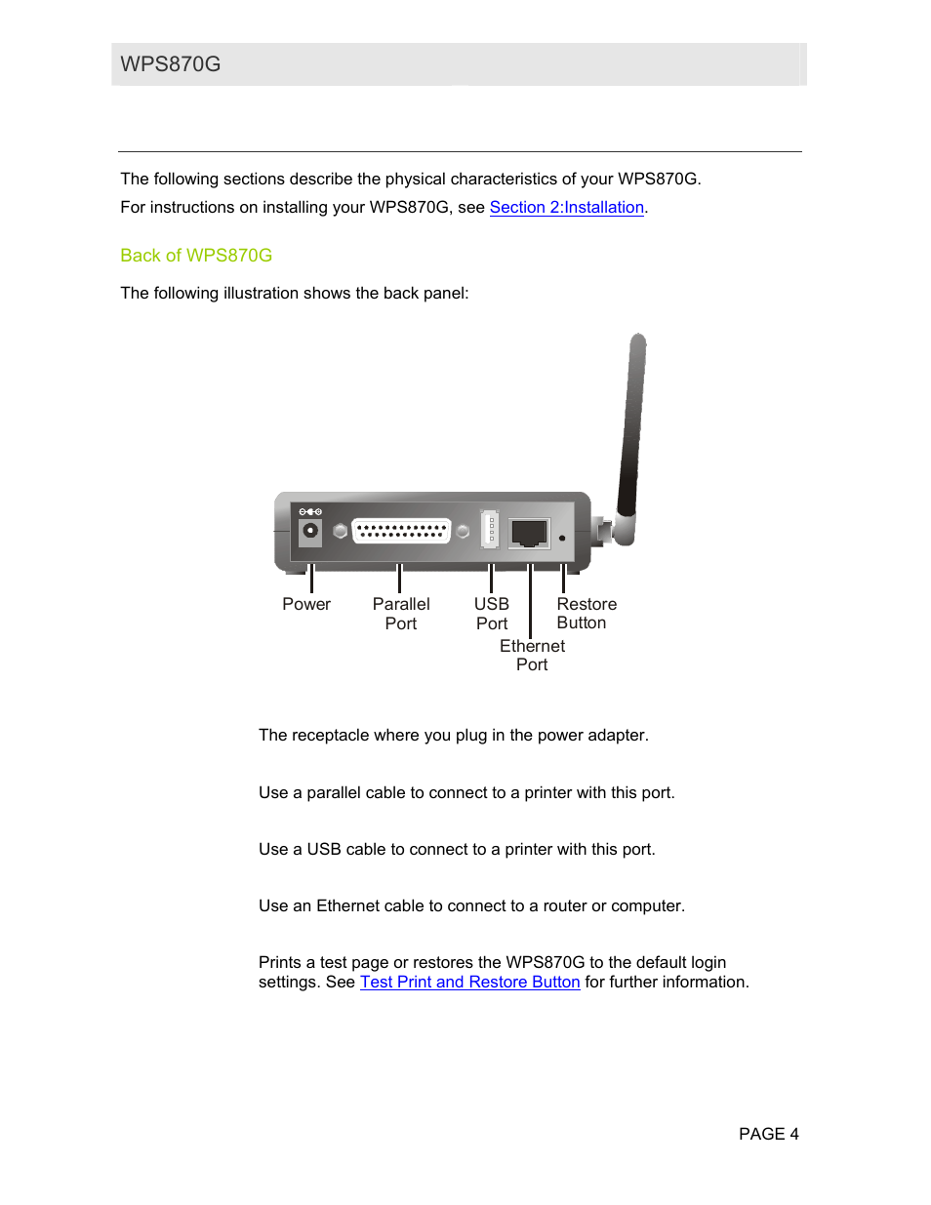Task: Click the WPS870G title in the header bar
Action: (171, 64)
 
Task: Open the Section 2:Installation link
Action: (566, 207)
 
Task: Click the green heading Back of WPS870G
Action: (196, 256)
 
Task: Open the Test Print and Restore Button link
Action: (469, 982)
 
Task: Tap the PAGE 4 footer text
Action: (768, 1134)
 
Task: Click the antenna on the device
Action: (631, 429)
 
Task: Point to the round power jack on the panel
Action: (310, 531)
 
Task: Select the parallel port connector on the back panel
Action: (401, 531)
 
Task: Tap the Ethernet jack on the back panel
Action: (530, 533)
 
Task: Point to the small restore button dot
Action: (562, 538)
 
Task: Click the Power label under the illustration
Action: (306, 605)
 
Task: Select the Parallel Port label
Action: (401, 614)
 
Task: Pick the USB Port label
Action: (492, 614)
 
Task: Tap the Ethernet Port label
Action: (532, 655)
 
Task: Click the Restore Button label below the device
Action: (586, 614)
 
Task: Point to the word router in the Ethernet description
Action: (564, 905)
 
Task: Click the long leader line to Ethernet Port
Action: (530, 605)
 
